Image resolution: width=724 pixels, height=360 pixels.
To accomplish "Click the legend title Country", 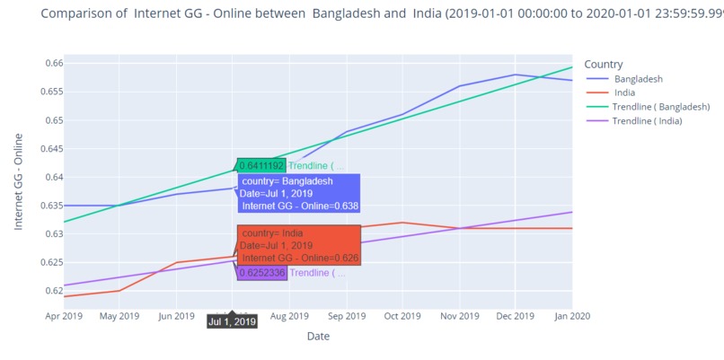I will click(x=604, y=64).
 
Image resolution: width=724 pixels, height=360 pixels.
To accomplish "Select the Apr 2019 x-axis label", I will click(x=63, y=316).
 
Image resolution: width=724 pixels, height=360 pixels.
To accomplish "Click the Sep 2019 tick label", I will click(x=346, y=316).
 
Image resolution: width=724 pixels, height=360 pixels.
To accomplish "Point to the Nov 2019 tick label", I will click(x=459, y=316).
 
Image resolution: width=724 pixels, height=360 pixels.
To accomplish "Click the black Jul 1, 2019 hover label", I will click(x=232, y=321).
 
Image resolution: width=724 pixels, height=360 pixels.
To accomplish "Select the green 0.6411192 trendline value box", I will click(x=260, y=165).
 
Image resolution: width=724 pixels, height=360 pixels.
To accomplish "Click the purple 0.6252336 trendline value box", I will click(x=261, y=272).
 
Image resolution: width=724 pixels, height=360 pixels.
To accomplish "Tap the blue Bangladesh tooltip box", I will click(x=299, y=193).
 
